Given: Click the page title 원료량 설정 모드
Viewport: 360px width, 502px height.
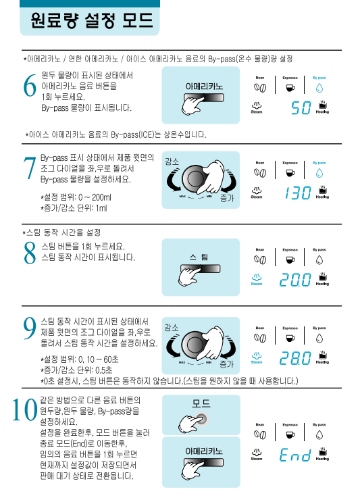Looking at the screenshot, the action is tap(92, 20).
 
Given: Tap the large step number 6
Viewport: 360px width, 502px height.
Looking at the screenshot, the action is tap(30, 85).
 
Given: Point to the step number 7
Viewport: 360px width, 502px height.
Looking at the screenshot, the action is tap(30, 168).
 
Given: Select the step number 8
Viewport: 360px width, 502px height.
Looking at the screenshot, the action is tap(30, 253).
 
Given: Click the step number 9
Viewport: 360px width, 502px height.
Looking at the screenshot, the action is tap(30, 328).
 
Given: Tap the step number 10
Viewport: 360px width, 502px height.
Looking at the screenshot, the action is tap(24, 409).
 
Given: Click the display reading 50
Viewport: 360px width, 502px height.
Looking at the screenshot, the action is tap(301, 108).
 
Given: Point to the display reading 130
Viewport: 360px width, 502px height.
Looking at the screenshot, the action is tap(298, 193).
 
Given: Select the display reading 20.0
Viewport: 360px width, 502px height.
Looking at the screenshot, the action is tap(295, 280).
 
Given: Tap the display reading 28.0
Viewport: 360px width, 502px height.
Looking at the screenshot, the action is tap(295, 358).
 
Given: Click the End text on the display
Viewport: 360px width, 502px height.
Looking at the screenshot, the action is tap(295, 455).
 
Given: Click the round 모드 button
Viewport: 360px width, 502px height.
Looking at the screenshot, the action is tap(201, 418).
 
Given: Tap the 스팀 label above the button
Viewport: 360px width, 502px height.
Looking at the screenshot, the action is tap(199, 257).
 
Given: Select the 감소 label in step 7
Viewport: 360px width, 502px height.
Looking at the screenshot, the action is tap(172, 161).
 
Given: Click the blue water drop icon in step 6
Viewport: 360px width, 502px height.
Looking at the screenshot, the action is tap(319, 88).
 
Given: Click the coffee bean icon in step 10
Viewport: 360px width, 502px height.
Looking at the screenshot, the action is tap(260, 434).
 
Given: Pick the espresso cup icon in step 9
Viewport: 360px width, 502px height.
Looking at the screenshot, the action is tap(290, 338).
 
